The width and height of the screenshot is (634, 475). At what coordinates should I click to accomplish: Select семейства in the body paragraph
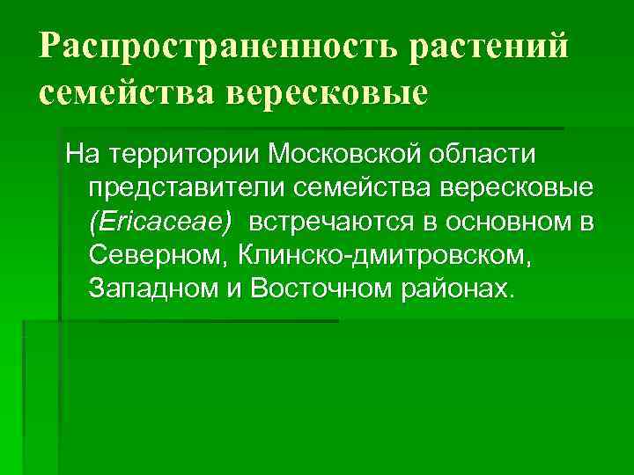tap(354, 188)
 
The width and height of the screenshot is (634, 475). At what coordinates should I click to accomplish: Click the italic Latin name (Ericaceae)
tap(159, 222)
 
